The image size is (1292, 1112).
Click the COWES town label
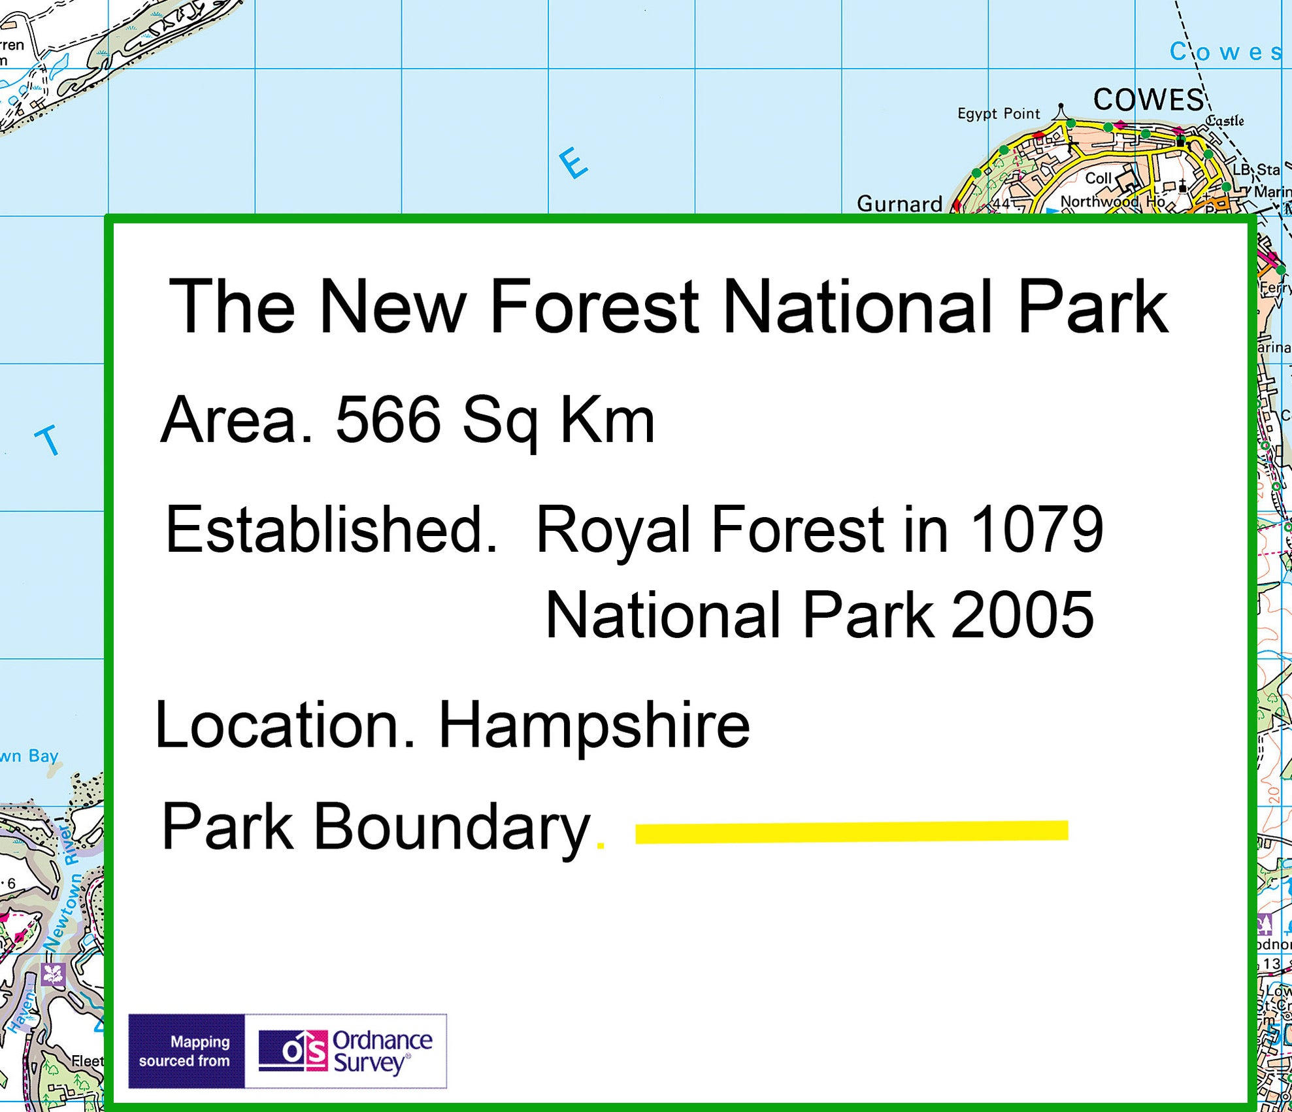(x=1148, y=100)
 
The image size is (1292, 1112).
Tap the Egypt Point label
(x=998, y=114)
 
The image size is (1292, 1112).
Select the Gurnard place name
(x=899, y=204)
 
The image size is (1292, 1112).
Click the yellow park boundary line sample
(x=851, y=831)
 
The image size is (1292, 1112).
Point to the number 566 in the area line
(x=388, y=420)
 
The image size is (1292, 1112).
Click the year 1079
(x=1037, y=530)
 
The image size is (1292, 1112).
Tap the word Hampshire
(x=593, y=725)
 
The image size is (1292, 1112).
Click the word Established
(x=331, y=530)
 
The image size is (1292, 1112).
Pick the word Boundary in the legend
(x=452, y=827)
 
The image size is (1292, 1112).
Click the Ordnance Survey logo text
(x=382, y=1052)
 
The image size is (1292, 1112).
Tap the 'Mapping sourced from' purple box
(x=186, y=1051)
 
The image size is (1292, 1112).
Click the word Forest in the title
(x=594, y=306)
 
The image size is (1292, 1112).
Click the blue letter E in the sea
(x=573, y=163)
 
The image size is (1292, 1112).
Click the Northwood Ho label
(x=1112, y=201)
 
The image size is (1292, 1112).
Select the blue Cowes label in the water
(x=1225, y=52)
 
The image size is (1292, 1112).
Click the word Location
(x=285, y=725)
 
